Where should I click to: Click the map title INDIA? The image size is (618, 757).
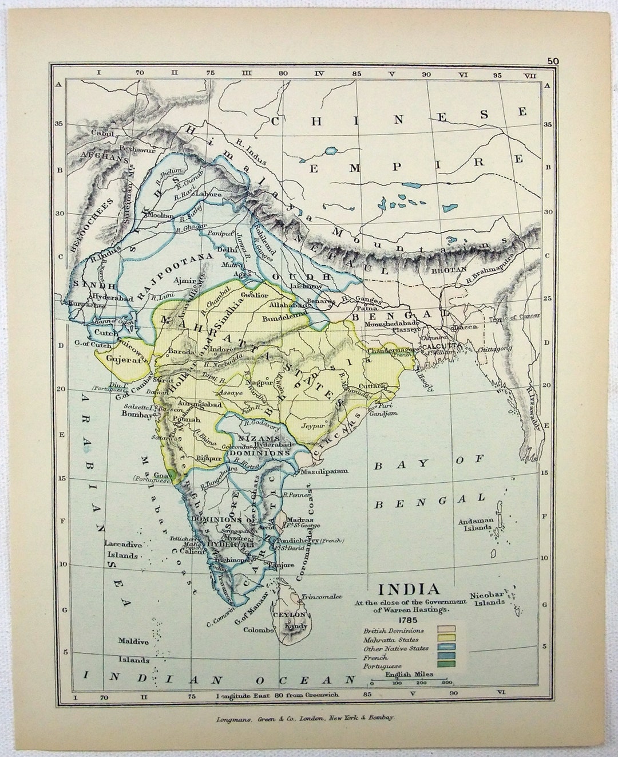coord(407,589)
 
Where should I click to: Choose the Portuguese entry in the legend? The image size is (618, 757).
coord(382,666)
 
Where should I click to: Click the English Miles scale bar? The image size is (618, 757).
coord(410,682)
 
